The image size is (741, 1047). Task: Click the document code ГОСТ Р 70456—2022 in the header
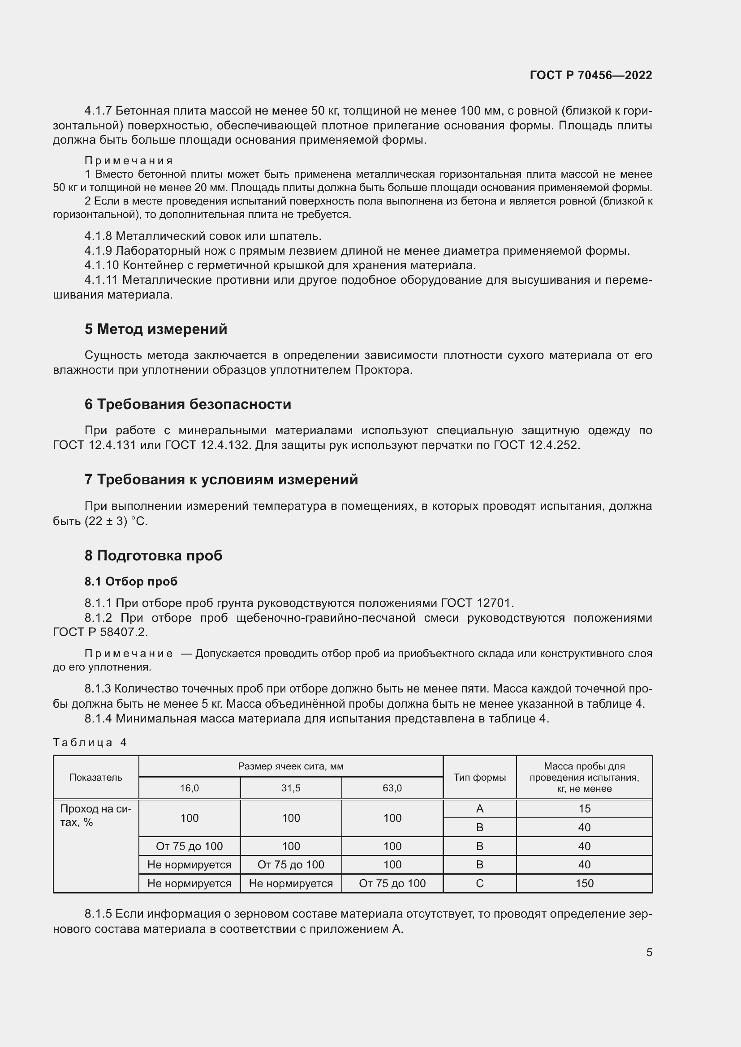(x=590, y=75)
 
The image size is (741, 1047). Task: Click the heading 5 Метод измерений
(x=155, y=329)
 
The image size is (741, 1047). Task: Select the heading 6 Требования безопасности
(x=188, y=404)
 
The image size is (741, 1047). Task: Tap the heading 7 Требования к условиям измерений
(x=221, y=479)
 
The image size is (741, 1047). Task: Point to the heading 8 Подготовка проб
(x=153, y=555)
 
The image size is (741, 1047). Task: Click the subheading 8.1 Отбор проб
(x=131, y=581)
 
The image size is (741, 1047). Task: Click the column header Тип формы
(x=479, y=777)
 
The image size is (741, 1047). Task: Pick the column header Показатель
(x=96, y=777)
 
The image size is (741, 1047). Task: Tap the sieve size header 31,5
(x=291, y=788)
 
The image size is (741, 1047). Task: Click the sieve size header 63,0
(x=392, y=788)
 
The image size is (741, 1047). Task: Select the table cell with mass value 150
(x=584, y=883)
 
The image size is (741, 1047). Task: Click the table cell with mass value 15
(x=584, y=808)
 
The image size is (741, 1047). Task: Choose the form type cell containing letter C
(x=479, y=883)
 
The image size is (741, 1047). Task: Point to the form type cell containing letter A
(x=479, y=808)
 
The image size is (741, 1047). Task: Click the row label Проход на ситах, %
(x=96, y=815)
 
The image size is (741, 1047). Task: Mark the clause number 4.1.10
(x=101, y=265)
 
